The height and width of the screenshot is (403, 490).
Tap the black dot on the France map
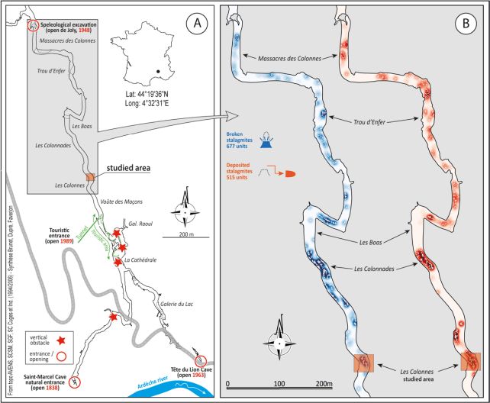pyautogui.click(x=157, y=73)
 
